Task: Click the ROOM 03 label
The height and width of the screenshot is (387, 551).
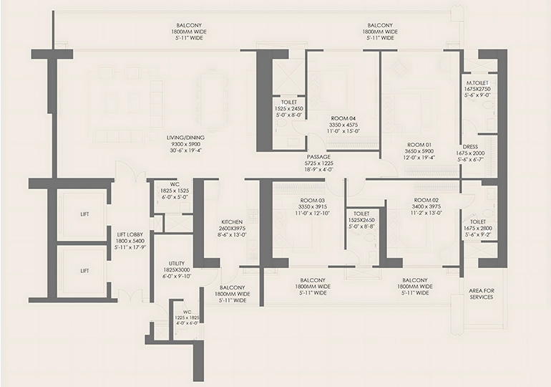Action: [313, 200]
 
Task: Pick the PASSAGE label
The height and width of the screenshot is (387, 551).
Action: [318, 156]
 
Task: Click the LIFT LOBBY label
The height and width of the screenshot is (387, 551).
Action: [131, 234]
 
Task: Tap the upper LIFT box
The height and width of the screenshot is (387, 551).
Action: [84, 214]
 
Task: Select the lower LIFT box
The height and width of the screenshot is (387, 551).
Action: [84, 270]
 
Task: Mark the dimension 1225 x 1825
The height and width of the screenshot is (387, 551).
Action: [185, 317]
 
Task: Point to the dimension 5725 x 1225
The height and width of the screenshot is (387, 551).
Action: [318, 163]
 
